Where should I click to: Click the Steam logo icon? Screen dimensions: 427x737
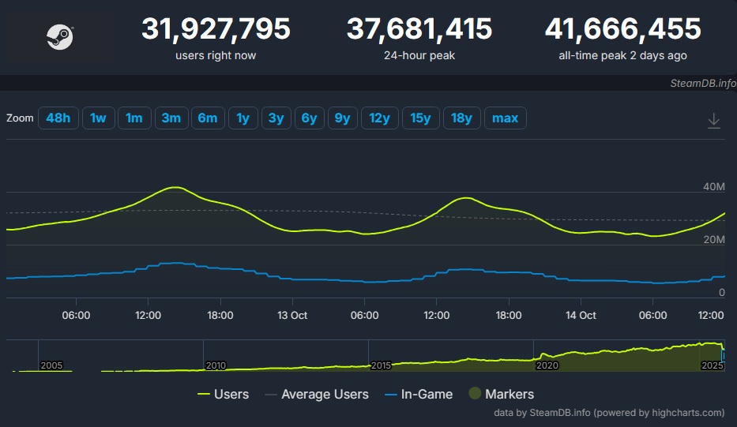60,37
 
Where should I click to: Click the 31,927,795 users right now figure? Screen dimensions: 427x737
216,29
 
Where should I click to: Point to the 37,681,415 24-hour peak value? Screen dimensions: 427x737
419,29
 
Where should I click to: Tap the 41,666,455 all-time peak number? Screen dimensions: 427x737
622,29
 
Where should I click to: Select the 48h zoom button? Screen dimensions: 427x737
58,118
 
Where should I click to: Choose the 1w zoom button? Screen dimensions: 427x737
98,118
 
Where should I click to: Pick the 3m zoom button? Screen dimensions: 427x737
171,118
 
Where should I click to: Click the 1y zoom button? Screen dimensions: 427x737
243,118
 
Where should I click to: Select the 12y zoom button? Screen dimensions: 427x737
380,118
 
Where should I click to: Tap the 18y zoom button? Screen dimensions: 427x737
461,118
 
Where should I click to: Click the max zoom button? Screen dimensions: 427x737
505,118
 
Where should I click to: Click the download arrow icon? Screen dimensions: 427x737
713,121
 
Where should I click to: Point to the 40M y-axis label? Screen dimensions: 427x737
713,187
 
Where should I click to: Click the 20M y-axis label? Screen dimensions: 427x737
713,239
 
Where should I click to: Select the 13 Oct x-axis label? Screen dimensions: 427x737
291,315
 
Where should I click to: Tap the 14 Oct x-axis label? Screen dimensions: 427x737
581,315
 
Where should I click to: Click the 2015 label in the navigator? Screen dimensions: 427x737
381,365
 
